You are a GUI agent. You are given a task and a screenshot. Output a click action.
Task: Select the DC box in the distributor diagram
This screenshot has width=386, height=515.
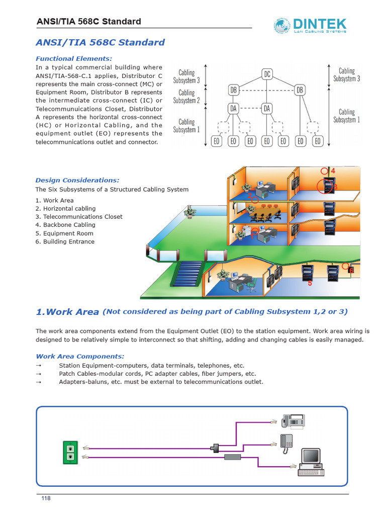coord(267,74)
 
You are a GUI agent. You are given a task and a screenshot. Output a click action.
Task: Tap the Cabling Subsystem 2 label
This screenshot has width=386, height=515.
coord(186,97)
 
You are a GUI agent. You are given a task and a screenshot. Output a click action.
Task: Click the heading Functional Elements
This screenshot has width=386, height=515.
coord(73,58)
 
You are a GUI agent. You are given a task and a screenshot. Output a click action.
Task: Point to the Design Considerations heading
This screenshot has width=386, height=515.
coord(77,180)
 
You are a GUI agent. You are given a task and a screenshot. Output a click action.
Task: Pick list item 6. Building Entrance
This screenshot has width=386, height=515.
coord(65,241)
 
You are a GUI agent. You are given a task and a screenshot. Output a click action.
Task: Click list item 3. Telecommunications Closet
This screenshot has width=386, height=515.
coord(79,217)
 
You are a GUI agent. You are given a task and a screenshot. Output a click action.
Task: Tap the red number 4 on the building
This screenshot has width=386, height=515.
coord(333,171)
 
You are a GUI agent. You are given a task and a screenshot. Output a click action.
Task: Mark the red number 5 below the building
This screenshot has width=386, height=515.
coord(310,284)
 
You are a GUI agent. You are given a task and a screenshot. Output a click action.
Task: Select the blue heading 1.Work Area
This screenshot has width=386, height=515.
coord(67,312)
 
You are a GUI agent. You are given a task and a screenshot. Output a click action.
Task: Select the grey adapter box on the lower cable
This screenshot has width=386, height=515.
coord(233,457)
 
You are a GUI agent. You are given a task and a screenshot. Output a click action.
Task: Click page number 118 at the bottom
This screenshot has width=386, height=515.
coord(46,498)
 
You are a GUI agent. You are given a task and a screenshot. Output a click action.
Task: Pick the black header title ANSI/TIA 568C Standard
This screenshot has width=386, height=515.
coord(89,22)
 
